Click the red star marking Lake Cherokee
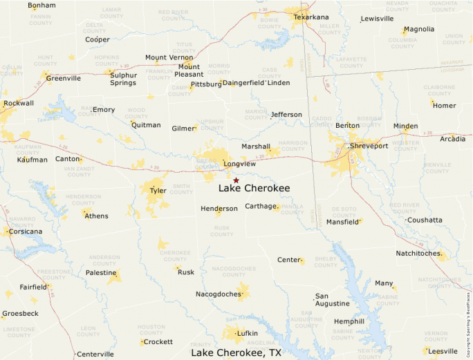(236, 180)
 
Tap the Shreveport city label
(369, 146)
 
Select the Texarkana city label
(311, 17)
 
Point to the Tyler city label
(158, 190)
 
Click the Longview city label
(240, 164)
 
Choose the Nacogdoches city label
(219, 294)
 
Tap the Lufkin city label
(247, 333)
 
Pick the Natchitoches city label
(418, 254)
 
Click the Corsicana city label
(25, 231)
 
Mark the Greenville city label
(64, 78)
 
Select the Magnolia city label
(419, 30)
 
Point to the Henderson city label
(219, 209)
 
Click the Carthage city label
(260, 206)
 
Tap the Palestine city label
(101, 273)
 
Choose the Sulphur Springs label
(123, 79)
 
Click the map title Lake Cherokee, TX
(236, 352)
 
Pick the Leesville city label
(443, 350)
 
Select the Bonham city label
(41, 6)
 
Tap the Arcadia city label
(452, 139)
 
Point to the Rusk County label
(221, 230)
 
